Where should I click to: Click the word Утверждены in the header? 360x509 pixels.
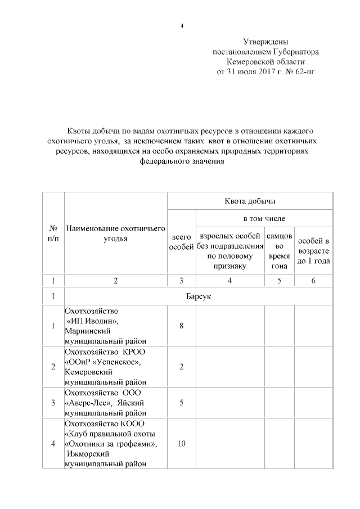pos(265,42)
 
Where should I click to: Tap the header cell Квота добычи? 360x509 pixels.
pos(250,201)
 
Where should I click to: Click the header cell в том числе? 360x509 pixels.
pos(264,218)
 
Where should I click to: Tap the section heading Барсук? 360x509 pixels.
pos(198,295)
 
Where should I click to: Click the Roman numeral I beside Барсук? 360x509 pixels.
pos(53,295)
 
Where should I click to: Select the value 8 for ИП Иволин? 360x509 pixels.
pos(181,326)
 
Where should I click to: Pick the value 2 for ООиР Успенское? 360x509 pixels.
pos(181,367)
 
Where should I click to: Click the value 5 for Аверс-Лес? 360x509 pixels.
pos(181,402)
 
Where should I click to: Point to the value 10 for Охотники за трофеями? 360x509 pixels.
pos(181,444)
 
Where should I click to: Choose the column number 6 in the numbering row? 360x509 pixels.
pos(313,281)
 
